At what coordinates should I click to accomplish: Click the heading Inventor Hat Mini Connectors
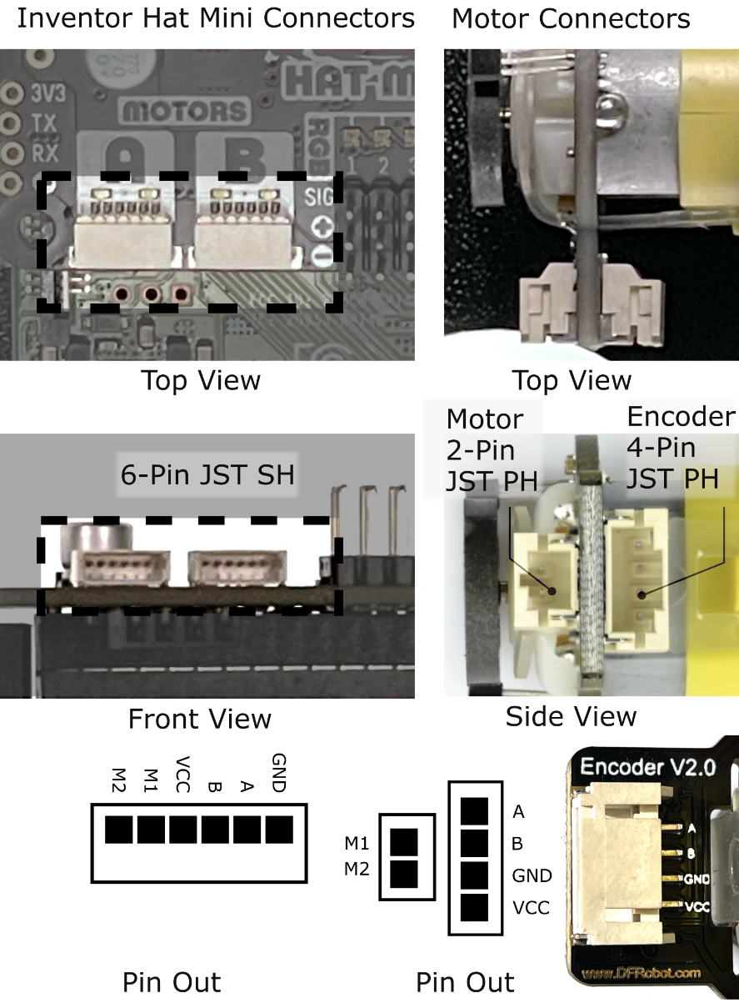pyautogui.click(x=216, y=18)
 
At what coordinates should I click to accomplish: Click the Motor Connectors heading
pyautogui.click(x=571, y=18)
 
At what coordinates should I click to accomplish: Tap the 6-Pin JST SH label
pyautogui.click(x=207, y=476)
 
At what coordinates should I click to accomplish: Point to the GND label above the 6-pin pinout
pyautogui.click(x=278, y=773)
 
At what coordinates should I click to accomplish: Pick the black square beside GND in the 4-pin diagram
pyautogui.click(x=474, y=875)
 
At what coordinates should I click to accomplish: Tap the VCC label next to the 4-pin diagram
pyautogui.click(x=531, y=907)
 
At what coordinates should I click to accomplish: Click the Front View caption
pyautogui.click(x=199, y=719)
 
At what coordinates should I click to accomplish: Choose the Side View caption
pyautogui.click(x=571, y=716)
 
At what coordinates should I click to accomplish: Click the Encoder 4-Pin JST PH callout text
pyautogui.click(x=681, y=449)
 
